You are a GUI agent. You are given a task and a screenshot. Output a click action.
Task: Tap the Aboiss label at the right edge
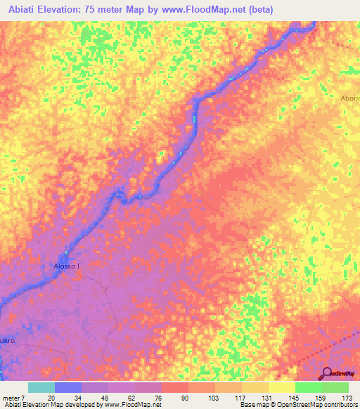[x=349, y=98]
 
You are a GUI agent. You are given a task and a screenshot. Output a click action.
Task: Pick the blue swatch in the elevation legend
[x=68, y=387]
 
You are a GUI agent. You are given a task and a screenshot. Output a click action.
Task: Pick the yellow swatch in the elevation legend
[x=282, y=387]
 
